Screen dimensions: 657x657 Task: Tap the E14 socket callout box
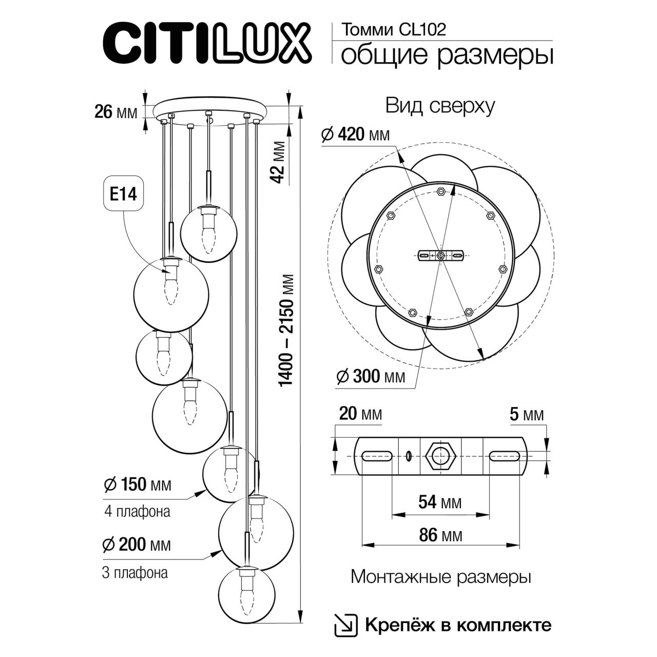(x=123, y=195)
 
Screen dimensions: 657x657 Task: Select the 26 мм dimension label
(x=116, y=111)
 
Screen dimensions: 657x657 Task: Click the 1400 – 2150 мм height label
(x=287, y=331)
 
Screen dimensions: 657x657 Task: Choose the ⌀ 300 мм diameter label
(x=370, y=377)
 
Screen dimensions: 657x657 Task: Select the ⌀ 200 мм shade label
(x=137, y=545)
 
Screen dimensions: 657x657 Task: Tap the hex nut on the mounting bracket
(x=440, y=456)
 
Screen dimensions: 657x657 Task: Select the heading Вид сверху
(x=440, y=106)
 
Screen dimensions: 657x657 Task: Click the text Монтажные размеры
(x=440, y=577)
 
